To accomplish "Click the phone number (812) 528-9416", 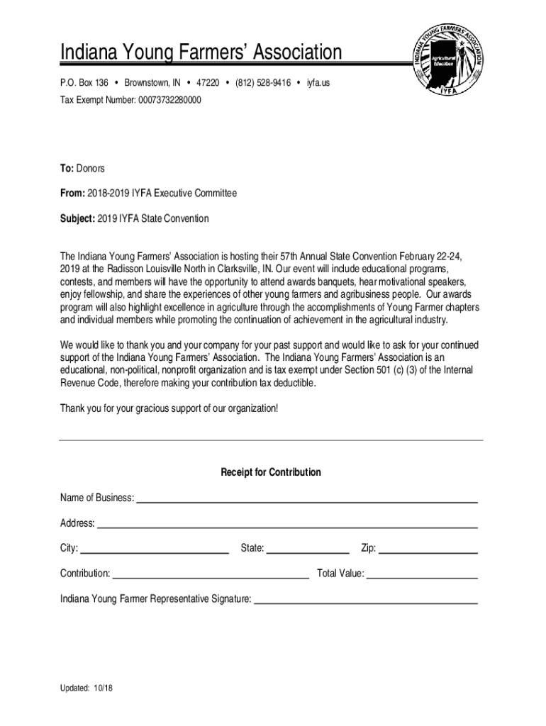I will click(263, 84).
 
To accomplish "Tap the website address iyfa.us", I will click(318, 84).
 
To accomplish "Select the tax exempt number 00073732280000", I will click(165, 101).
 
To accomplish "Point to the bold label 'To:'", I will click(67, 169).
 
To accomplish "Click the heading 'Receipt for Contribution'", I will click(271, 472).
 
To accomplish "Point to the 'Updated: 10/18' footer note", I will click(87, 688).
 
